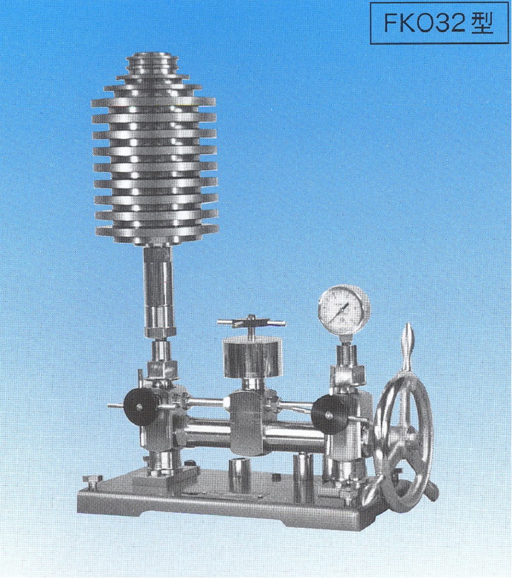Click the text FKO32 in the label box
click(425, 23)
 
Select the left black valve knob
click(140, 407)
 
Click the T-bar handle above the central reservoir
click(251, 323)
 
